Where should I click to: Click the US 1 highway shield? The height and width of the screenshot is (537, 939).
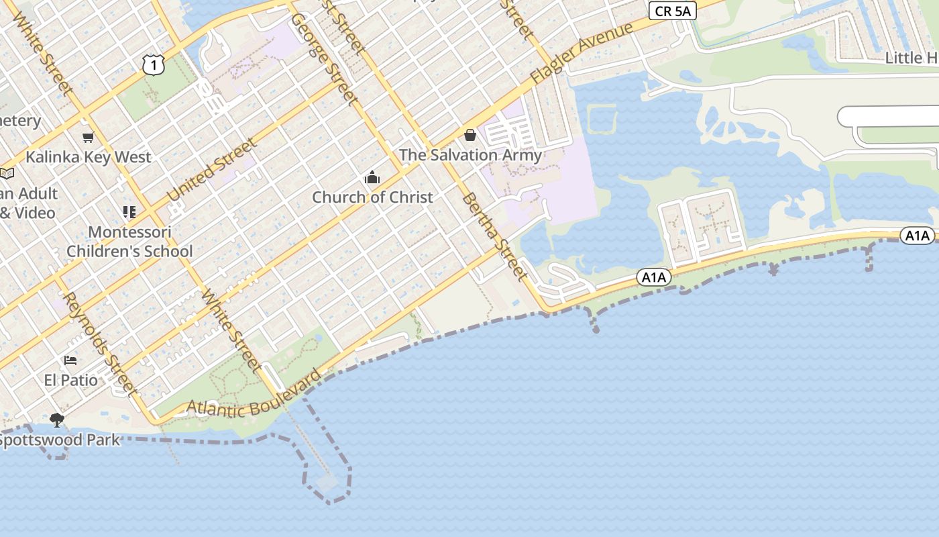(x=154, y=64)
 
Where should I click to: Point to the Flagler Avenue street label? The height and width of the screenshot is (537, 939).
(x=582, y=54)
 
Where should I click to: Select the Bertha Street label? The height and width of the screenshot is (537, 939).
(x=493, y=236)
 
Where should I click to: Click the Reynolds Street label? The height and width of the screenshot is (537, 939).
(x=100, y=344)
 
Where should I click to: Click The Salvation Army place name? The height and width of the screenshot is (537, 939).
(x=470, y=155)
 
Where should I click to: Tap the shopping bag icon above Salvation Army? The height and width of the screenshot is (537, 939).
(x=470, y=136)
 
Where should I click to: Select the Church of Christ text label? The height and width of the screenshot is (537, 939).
(x=372, y=197)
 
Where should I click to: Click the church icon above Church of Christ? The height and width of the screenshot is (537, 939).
(x=372, y=178)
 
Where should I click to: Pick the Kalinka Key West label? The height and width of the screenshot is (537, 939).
(x=89, y=157)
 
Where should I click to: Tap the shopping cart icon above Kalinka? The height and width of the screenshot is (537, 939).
(x=88, y=138)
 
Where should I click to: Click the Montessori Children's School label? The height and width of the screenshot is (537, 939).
(x=129, y=242)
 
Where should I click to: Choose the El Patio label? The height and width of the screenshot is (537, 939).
(x=71, y=380)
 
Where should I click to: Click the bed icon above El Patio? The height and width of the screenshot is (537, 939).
(x=70, y=360)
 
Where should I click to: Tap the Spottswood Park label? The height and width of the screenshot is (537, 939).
(x=59, y=440)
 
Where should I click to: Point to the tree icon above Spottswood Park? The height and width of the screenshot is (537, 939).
(x=57, y=420)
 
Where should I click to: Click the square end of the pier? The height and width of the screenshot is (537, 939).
(x=328, y=483)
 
